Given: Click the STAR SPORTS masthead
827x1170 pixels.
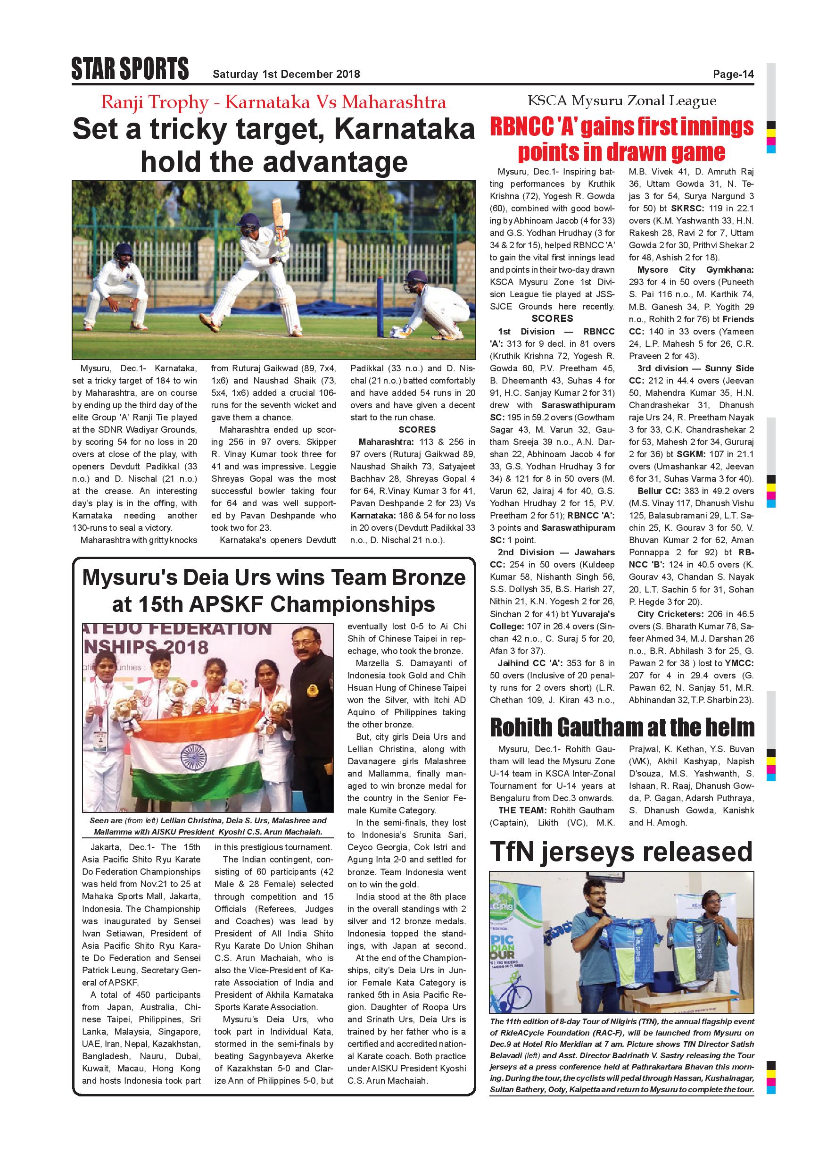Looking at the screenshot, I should point(130,69).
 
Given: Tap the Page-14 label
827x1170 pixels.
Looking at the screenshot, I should point(733,75).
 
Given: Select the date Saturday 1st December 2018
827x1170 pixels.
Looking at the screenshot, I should point(286,75).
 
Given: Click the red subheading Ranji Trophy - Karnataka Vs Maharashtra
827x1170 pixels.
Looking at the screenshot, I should point(273,102).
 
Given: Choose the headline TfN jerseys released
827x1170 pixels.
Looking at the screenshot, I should point(621,852).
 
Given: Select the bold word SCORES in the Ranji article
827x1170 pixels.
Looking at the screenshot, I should point(417,430).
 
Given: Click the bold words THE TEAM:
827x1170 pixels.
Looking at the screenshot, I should point(520,810).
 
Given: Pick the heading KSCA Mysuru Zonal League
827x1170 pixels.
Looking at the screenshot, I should point(622,101).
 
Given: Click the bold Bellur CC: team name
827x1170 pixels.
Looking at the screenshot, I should point(657,491).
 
